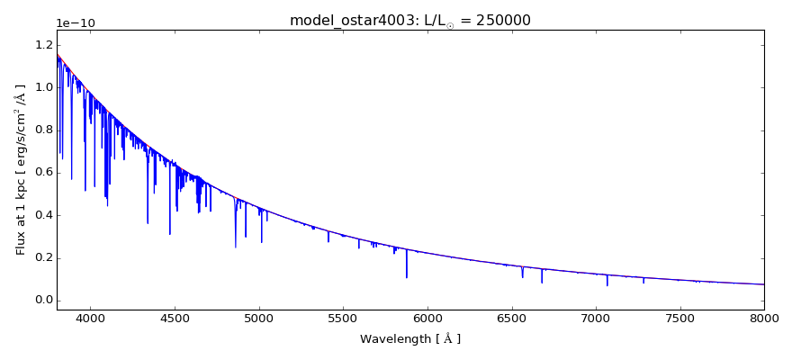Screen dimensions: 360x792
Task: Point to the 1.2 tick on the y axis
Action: click(42, 45)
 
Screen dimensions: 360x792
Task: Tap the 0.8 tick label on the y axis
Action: click(42, 130)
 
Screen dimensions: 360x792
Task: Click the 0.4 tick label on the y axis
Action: click(42, 215)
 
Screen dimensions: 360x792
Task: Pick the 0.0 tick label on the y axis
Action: click(42, 301)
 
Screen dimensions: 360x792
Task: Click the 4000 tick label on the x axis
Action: click(90, 318)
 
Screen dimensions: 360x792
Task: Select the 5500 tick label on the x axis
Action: click(343, 318)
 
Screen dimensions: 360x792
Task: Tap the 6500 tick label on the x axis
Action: click(511, 318)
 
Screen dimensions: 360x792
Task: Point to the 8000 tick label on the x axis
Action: click(764, 318)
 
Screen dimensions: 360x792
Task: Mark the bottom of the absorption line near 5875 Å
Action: click(407, 277)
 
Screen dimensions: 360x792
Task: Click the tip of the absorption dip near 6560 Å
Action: click(522, 277)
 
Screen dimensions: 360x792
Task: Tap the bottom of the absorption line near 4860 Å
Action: click(236, 247)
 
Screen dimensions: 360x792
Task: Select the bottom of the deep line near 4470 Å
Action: click(170, 234)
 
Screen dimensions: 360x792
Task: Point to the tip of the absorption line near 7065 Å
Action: click(607, 285)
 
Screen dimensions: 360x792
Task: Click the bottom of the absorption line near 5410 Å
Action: click(328, 242)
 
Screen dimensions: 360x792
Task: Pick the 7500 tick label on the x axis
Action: click(679, 318)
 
